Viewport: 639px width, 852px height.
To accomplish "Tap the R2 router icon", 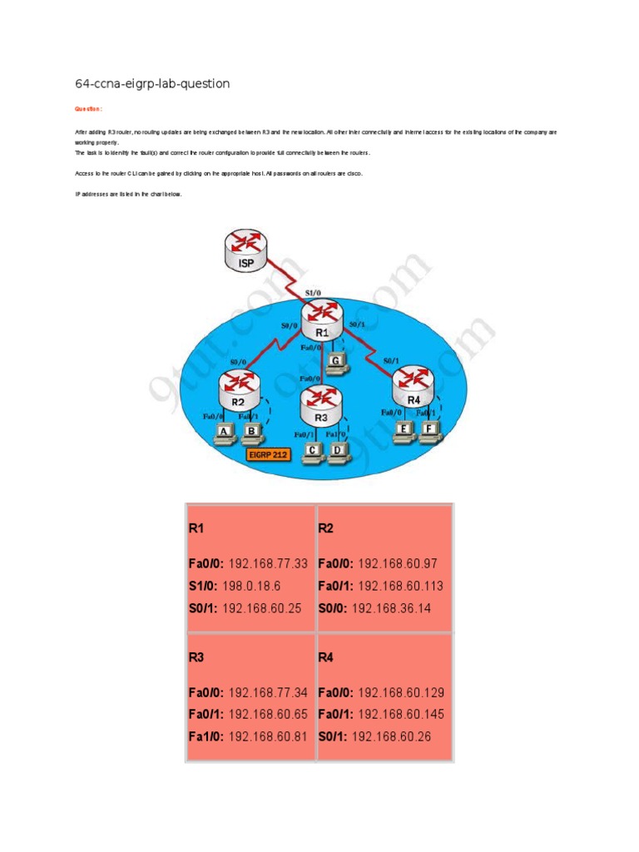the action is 240,388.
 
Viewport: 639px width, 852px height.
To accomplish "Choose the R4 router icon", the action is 414,386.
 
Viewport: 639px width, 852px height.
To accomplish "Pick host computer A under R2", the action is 224,433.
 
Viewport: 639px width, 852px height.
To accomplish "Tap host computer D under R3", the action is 339,452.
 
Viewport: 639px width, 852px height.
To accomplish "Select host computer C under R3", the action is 312,452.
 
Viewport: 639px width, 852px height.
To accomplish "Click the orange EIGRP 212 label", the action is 273,454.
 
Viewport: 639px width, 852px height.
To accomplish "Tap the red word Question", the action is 88,108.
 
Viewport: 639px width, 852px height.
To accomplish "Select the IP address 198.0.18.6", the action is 252,586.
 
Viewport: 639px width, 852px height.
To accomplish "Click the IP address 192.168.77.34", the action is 268,692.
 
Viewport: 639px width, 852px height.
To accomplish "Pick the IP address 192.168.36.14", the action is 391,608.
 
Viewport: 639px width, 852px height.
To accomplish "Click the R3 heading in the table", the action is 196,656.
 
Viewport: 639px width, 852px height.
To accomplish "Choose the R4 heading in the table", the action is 325,656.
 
